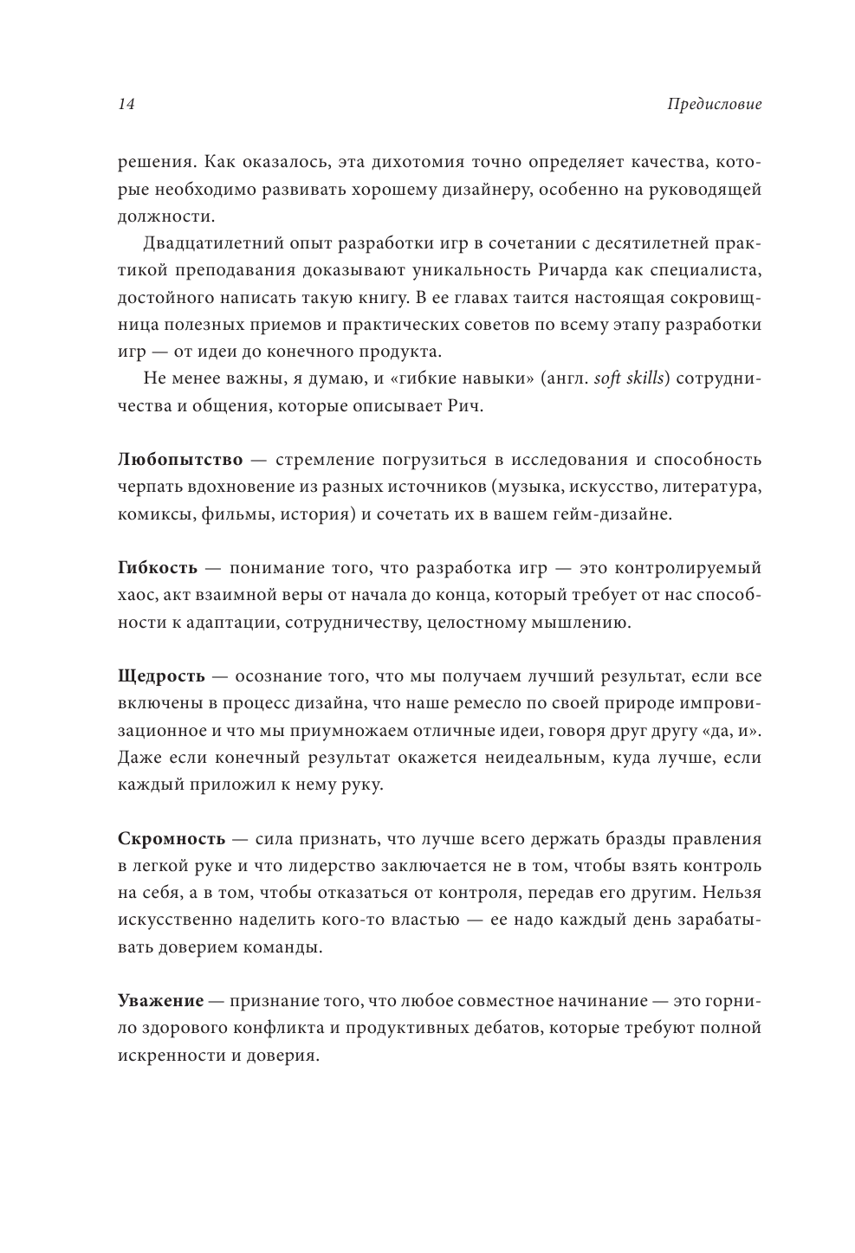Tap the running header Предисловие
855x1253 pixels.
pyautogui.click(x=715, y=105)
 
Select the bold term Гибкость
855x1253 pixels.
pyautogui.click(x=158, y=568)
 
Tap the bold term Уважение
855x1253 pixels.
pyautogui.click(x=160, y=1001)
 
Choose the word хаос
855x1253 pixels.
pyautogui.click(x=136, y=595)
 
